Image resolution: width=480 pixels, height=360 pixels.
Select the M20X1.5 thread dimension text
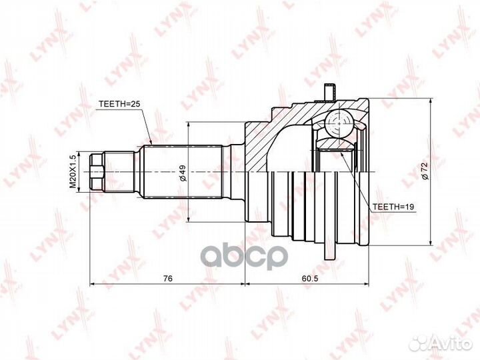coord(74,172)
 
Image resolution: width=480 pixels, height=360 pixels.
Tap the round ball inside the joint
coord(341,123)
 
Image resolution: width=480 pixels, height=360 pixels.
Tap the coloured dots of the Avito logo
coord(422,343)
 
